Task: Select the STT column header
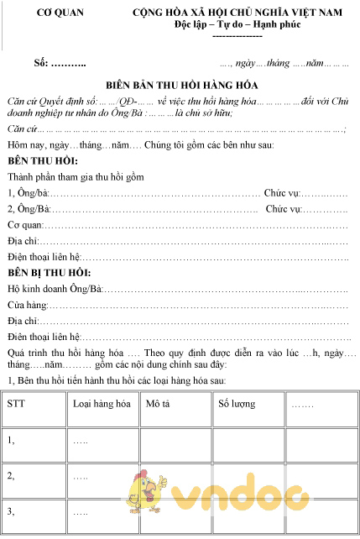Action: click(16, 404)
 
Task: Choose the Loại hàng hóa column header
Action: click(102, 404)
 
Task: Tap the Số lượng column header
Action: click(236, 404)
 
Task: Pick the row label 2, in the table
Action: click(11, 475)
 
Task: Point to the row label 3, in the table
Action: click(11, 510)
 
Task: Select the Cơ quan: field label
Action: click(25, 225)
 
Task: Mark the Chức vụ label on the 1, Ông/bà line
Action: click(280, 193)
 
